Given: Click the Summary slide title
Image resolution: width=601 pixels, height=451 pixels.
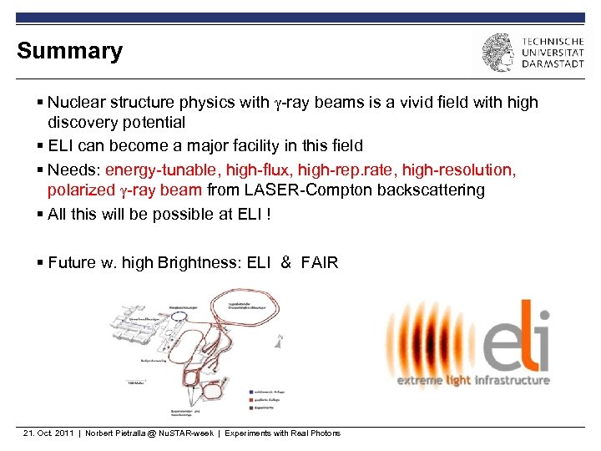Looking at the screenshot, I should click(69, 51).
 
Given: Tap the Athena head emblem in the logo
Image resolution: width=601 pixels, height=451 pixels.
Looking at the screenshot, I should click(497, 52).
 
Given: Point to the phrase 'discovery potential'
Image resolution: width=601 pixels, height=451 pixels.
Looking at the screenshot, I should click(116, 123).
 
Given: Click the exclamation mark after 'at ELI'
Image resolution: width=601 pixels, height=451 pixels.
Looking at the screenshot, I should click(268, 214).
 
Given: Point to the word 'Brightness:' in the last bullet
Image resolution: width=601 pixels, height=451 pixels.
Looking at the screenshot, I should click(200, 263).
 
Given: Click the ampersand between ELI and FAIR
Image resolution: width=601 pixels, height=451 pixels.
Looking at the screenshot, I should click(286, 263).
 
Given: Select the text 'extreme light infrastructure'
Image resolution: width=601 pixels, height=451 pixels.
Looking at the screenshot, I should click(472, 381).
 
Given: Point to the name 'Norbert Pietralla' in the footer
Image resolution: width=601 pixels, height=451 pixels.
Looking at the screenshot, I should click(113, 433).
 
